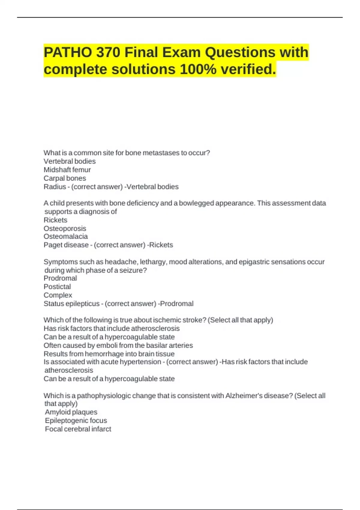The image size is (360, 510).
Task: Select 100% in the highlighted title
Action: pyautogui.click(x=198, y=69)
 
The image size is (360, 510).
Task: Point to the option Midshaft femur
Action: pyautogui.click(x=67, y=170)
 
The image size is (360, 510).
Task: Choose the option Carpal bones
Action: pyautogui.click(x=65, y=178)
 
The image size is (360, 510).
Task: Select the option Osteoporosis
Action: pyautogui.click(x=65, y=228)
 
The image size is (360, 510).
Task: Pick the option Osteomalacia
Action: pyautogui.click(x=66, y=236)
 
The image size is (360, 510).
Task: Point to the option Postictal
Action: pyautogui.click(x=57, y=286)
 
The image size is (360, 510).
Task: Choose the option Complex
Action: pyautogui.click(x=58, y=295)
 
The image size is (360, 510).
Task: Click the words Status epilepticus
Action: pyautogui.click(x=71, y=304)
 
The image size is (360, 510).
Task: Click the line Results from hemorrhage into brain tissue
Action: pyautogui.click(x=109, y=354)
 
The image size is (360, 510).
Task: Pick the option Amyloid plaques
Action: pyautogui.click(x=71, y=412)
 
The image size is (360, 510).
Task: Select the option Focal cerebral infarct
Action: pyautogui.click(x=78, y=429)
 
